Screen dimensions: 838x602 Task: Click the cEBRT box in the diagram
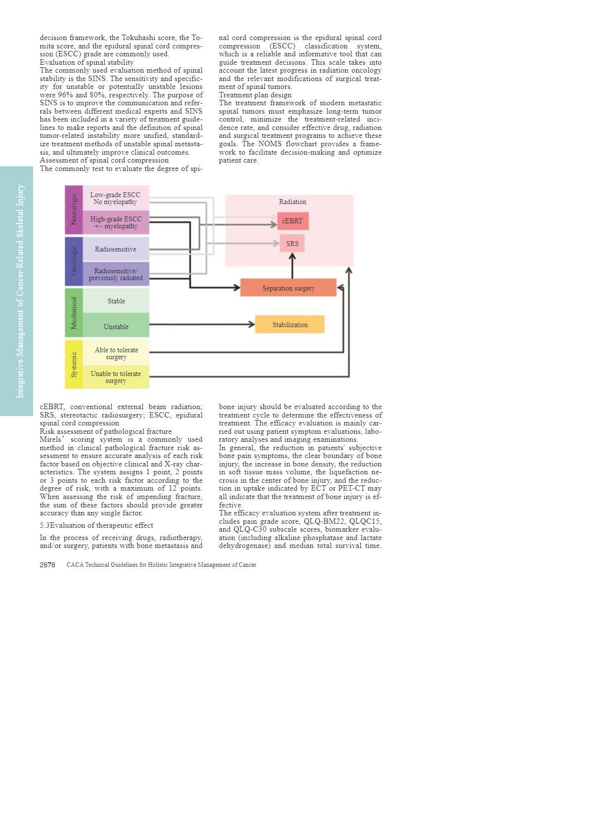pyautogui.click(x=293, y=221)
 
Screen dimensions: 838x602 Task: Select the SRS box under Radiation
pyautogui.click(x=292, y=244)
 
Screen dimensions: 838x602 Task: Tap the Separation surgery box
pyautogui.click(x=288, y=288)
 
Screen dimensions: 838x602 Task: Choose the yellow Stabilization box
pyautogui.click(x=290, y=325)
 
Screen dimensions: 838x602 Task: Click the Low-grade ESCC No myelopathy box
pyautogui.click(x=116, y=198)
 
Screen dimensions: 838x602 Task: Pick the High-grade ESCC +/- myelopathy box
pyautogui.click(x=116, y=222)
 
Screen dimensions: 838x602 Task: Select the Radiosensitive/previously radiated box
pyautogui.click(x=116, y=274)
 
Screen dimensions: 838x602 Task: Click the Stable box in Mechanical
pyautogui.click(x=116, y=301)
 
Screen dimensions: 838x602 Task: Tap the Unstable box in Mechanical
pyautogui.click(x=116, y=327)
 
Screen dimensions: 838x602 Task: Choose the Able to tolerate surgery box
pyautogui.click(x=116, y=353)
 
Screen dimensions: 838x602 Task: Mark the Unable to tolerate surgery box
pyautogui.click(x=116, y=377)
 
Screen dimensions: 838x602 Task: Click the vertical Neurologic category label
pyautogui.click(x=74, y=209)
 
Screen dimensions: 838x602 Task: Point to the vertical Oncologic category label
pyautogui.click(x=74, y=261)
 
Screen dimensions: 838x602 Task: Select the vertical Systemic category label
pyautogui.click(x=74, y=364)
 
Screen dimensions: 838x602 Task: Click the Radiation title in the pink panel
pyautogui.click(x=293, y=202)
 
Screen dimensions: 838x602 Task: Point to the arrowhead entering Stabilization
pyautogui.click(x=252, y=325)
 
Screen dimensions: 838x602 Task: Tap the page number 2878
pyautogui.click(x=47, y=565)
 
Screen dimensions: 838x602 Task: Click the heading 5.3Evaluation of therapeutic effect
pyautogui.click(x=96, y=525)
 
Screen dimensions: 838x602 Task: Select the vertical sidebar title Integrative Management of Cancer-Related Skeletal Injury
pyautogui.click(x=20, y=291)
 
